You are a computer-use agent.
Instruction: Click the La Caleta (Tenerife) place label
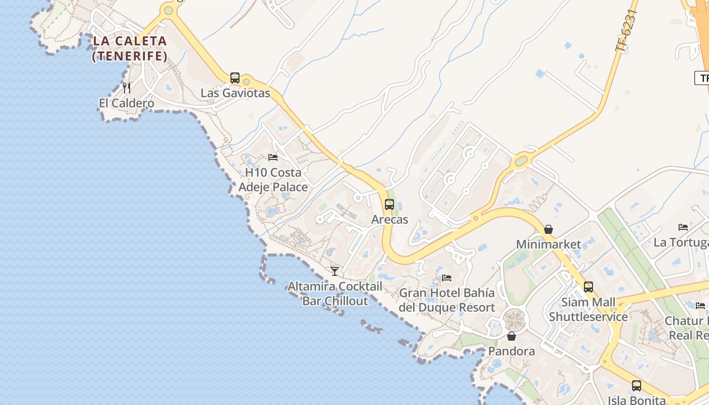click(130, 49)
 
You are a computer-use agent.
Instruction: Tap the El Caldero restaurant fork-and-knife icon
click(127, 88)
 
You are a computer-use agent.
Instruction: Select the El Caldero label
click(127, 103)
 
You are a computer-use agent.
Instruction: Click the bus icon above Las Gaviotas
click(235, 78)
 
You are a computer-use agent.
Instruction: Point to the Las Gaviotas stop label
click(235, 93)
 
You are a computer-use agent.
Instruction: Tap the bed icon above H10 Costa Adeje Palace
click(273, 157)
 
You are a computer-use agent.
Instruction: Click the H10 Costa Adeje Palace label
click(273, 180)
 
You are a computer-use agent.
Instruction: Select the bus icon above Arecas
click(389, 205)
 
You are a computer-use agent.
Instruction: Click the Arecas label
click(389, 220)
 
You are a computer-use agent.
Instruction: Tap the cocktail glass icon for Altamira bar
click(335, 271)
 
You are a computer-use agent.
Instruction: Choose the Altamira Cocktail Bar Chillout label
click(335, 294)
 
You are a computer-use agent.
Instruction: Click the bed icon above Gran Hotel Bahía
click(447, 278)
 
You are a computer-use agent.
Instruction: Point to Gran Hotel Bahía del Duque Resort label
click(447, 300)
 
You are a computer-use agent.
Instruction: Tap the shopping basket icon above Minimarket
click(548, 229)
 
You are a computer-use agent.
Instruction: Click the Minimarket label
click(548, 245)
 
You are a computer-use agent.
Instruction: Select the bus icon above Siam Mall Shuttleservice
click(588, 287)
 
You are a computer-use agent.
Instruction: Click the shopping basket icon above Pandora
click(511, 336)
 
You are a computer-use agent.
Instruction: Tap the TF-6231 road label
click(626, 30)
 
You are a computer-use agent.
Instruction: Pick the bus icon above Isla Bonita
click(637, 386)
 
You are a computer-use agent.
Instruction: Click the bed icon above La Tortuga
click(683, 227)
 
